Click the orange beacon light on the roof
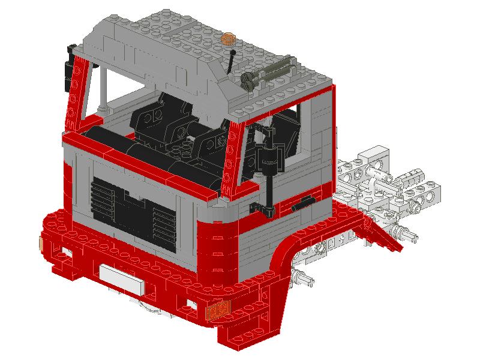228,39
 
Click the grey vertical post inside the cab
103,90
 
